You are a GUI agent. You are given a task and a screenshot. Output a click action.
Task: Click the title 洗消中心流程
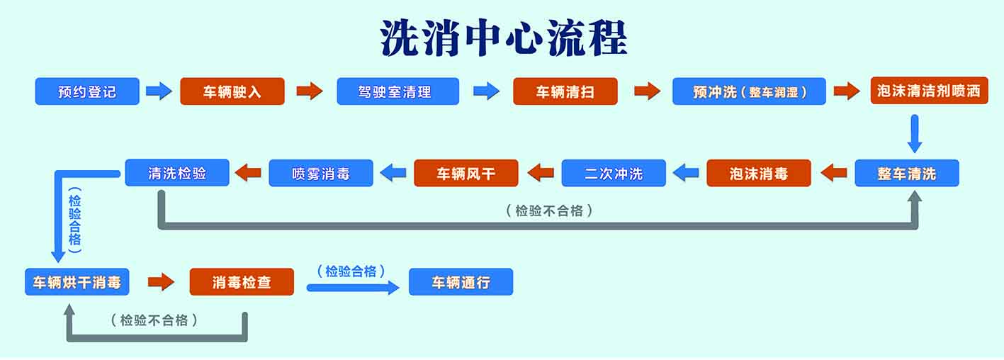tap(503, 38)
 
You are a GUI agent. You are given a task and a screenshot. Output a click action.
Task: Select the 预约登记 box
tap(87, 91)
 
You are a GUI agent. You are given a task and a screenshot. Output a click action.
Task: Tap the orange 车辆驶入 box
tap(232, 91)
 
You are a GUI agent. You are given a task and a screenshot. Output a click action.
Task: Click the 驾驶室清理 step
tap(397, 91)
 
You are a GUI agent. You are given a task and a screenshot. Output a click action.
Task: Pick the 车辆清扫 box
tap(565, 91)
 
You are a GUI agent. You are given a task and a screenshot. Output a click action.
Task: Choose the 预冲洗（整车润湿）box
tap(749, 91)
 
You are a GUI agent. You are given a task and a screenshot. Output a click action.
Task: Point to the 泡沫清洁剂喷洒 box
tap(928, 91)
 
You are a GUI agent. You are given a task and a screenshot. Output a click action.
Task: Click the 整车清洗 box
tap(906, 173)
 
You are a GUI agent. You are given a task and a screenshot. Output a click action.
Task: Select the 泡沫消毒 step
tap(758, 173)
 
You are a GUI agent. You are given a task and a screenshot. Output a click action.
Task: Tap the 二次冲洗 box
tap(614, 173)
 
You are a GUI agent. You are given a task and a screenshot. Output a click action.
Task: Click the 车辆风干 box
tap(466, 173)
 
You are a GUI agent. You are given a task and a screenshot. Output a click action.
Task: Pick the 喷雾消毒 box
tap(321, 173)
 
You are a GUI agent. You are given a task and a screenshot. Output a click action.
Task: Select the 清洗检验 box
tap(177, 173)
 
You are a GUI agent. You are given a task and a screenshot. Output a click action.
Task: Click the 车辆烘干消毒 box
tap(77, 282)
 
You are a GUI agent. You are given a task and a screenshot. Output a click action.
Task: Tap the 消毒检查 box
tap(242, 282)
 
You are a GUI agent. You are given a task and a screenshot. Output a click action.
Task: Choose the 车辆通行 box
tap(461, 282)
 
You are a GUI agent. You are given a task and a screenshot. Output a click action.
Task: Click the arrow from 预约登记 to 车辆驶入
tap(159, 91)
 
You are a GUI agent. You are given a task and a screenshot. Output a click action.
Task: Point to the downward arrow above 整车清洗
tap(915, 133)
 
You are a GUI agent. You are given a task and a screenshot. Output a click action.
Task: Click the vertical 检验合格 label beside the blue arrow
tap(75, 220)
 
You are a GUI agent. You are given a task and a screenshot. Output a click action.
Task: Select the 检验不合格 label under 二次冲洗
tap(549, 210)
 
